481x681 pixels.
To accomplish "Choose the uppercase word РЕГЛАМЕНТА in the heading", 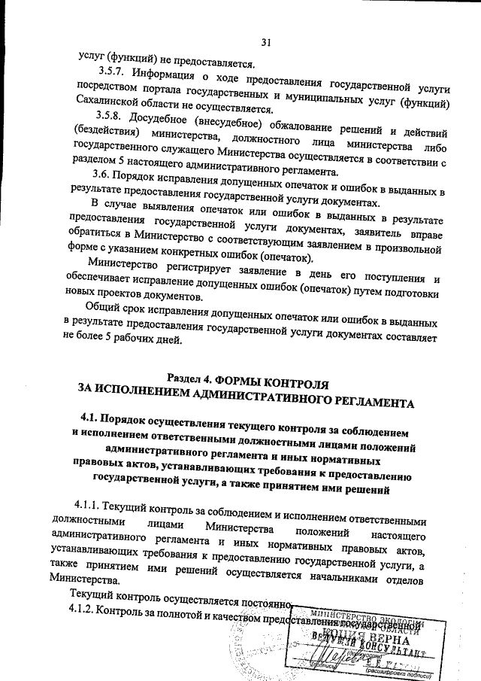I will coord(358,401).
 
